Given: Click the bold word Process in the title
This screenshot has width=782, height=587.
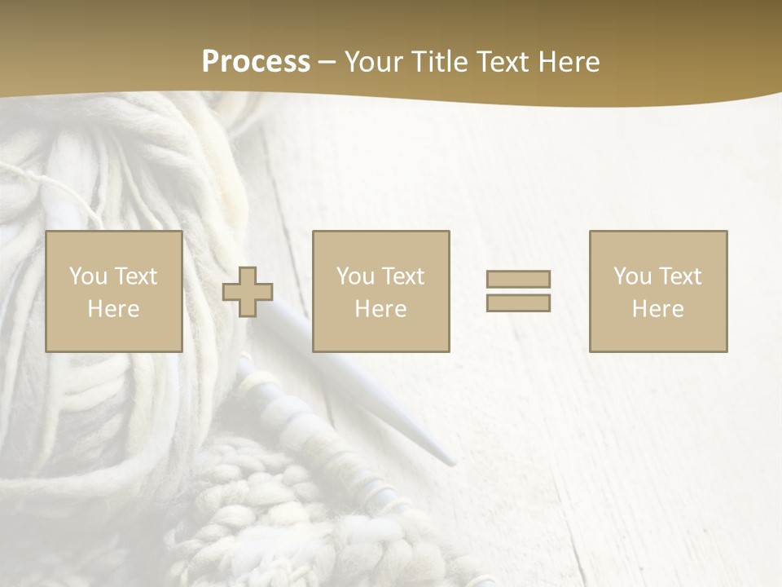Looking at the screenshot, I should coord(256,62).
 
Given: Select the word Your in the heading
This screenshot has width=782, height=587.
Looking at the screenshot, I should coord(374,62).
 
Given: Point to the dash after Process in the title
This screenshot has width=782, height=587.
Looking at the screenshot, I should coord(327,63).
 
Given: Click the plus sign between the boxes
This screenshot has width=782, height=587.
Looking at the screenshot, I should coord(248,292).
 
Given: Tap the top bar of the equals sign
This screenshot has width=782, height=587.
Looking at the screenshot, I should coord(518,279).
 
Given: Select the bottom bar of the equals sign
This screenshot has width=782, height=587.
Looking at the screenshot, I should coord(518,303).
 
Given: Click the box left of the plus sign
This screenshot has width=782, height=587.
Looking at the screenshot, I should coord(114,292).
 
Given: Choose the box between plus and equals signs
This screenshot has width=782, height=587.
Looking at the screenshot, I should coord(381,292).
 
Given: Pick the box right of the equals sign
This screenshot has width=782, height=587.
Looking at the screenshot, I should coord(658,292).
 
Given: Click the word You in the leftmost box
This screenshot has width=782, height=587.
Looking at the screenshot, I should coord(88,276).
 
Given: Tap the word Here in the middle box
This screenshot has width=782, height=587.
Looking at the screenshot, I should coord(381,309).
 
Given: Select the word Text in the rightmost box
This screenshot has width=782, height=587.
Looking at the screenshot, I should coord(679,276).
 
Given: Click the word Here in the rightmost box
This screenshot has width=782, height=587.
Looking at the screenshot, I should coord(658,309).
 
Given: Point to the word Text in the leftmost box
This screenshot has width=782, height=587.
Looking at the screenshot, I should coord(135,276).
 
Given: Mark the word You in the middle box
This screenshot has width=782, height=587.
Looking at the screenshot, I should coord(355,276).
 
